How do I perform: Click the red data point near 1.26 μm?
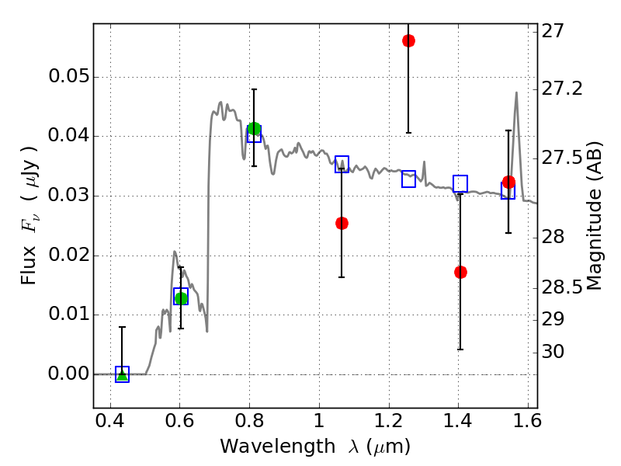(408, 40)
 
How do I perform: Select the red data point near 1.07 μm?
(342, 223)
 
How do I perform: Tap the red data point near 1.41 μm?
(460, 272)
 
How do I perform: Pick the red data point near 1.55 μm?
(508, 183)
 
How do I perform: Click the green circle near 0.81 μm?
(254, 128)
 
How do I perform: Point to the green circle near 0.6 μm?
(181, 298)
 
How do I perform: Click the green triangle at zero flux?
(122, 375)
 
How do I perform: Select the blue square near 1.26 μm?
(409, 179)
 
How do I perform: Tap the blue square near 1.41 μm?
(460, 184)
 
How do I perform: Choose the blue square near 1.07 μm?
(342, 164)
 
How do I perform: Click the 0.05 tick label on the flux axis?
(68, 78)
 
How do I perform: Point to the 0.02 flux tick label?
(68, 256)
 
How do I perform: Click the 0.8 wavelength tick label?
(249, 425)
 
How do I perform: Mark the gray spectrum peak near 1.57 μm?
(516, 92)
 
